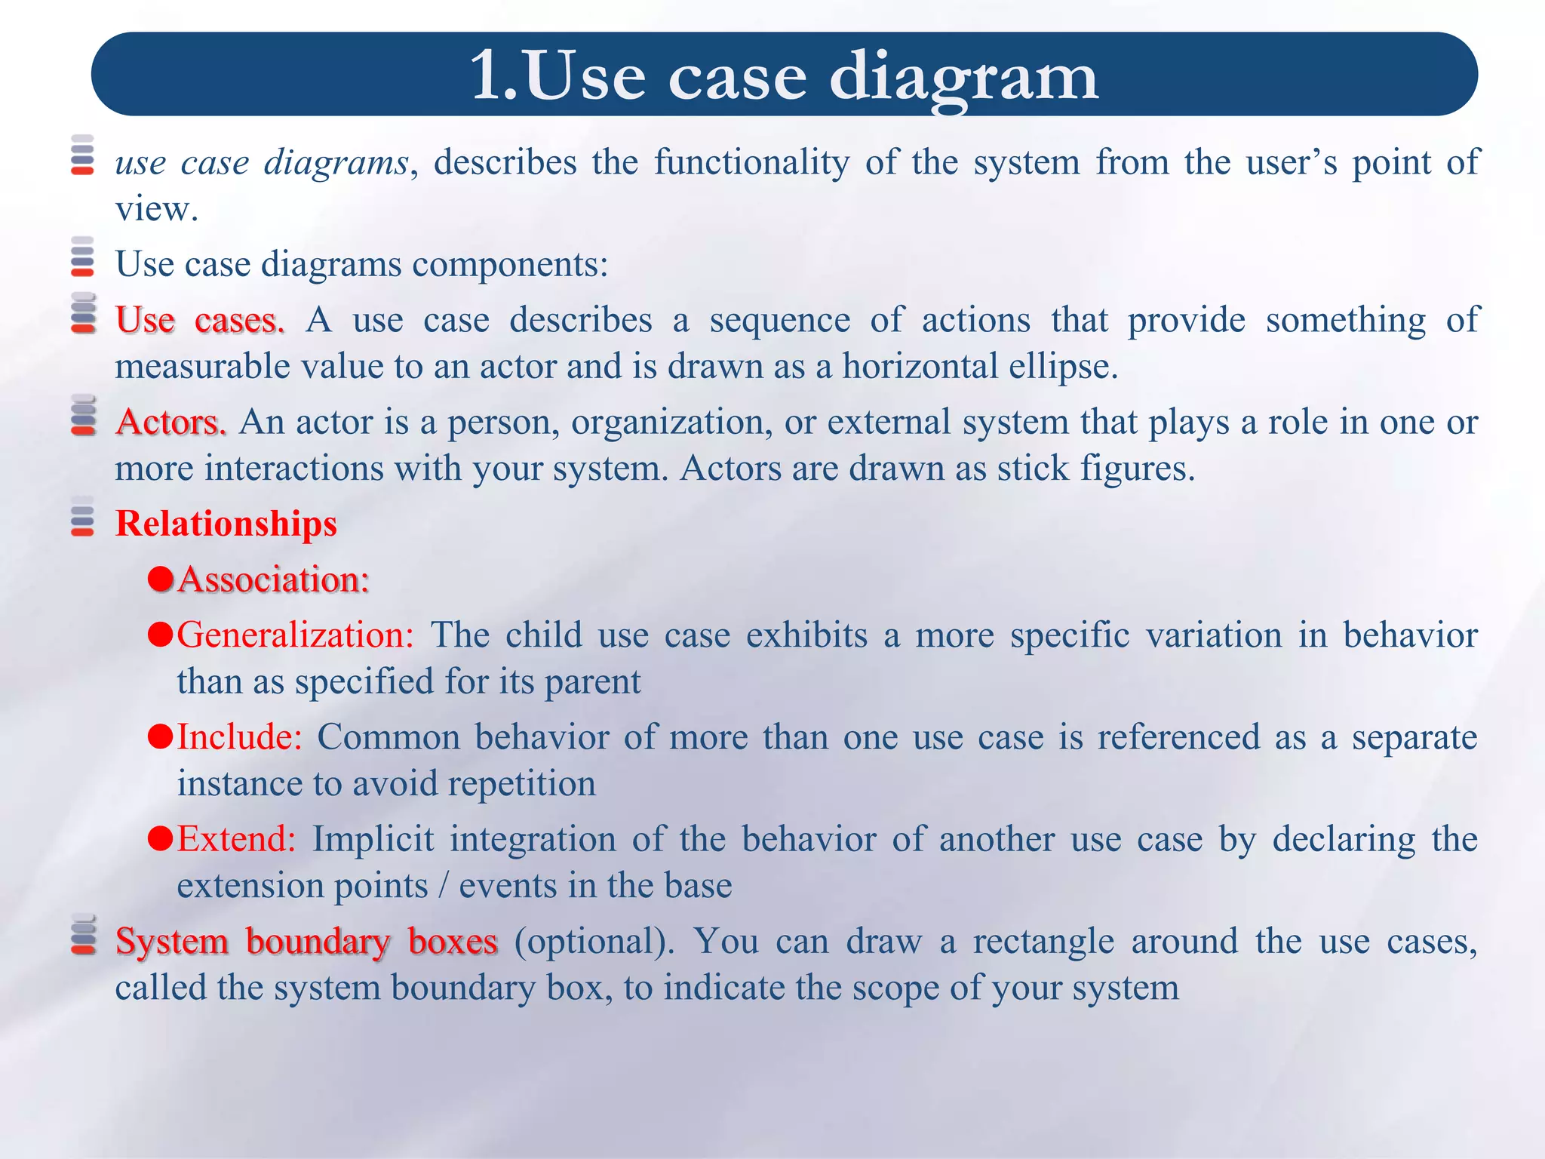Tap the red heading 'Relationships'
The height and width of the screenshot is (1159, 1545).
[226, 524]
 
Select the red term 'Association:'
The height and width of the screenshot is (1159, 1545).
[274, 579]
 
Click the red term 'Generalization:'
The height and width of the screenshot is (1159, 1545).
[295, 635]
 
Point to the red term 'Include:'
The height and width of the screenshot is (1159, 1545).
[239, 737]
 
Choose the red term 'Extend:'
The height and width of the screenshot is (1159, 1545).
[236, 839]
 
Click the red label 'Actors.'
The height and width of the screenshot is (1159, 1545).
[170, 422]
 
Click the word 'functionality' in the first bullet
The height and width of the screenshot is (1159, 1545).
[751, 162]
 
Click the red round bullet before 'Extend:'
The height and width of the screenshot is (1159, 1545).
[161, 838]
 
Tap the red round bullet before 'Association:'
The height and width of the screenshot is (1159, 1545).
[161, 579]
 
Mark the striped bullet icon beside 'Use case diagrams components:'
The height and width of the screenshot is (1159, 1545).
[82, 257]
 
